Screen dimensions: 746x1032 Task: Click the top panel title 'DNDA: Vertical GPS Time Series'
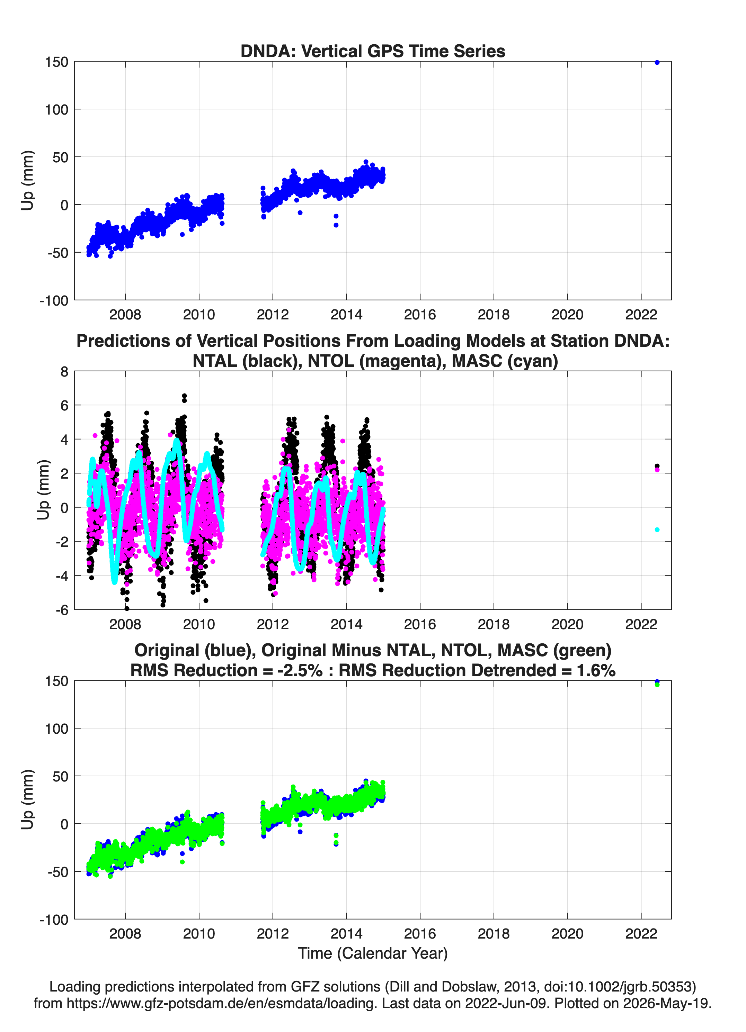(x=373, y=51)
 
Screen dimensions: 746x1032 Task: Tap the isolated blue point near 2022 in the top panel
(x=657, y=62)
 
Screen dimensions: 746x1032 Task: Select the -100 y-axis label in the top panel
(x=54, y=300)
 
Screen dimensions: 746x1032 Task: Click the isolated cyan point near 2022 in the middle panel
(x=657, y=529)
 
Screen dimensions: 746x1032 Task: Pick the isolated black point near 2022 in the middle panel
(x=657, y=466)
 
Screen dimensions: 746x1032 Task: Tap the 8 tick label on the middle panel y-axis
(x=64, y=372)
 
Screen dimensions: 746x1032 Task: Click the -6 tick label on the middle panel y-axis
(x=62, y=610)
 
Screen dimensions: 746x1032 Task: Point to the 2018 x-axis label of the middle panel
(x=494, y=624)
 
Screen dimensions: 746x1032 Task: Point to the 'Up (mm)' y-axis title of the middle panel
(x=43, y=490)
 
